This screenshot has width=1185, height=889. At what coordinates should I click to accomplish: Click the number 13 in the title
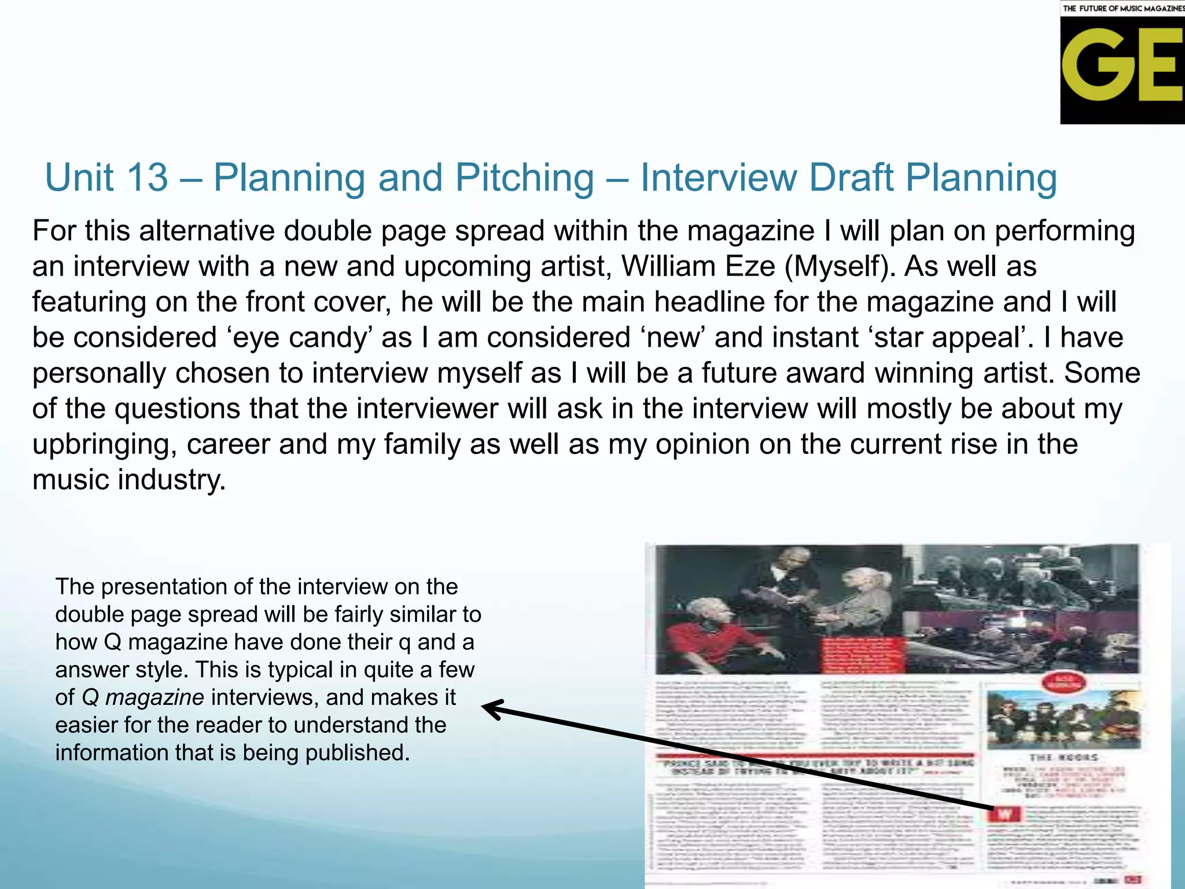point(147,177)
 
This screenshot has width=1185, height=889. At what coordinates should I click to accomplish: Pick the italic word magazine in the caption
point(154,697)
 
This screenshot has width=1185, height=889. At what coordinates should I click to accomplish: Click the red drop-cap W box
point(1005,814)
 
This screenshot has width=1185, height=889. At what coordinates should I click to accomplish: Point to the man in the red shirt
point(709,637)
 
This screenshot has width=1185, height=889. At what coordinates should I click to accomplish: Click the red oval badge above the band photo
point(1062,682)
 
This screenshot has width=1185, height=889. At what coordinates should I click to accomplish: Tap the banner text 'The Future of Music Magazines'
point(1123,8)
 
